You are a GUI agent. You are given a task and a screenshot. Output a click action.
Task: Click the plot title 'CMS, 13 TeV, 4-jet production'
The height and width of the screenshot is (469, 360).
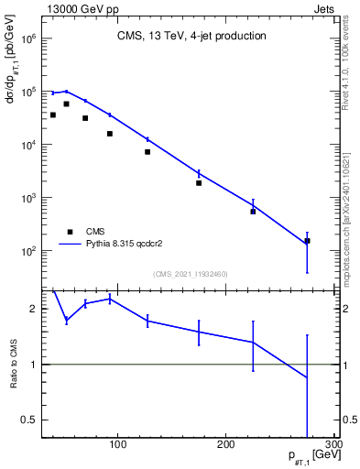click(191, 37)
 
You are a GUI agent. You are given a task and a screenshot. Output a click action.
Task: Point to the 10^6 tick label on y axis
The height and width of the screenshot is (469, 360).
click(27, 39)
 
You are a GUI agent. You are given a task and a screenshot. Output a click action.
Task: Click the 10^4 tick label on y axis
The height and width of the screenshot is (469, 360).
click(27, 145)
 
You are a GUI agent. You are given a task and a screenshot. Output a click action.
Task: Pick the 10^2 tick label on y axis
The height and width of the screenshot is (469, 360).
click(27, 250)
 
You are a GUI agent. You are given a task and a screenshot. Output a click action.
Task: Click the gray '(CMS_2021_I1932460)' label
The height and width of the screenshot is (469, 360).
click(191, 273)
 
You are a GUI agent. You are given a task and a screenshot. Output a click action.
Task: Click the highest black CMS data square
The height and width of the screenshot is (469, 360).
click(66, 104)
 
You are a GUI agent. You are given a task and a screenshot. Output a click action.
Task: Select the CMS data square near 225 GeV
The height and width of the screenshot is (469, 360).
click(253, 212)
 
